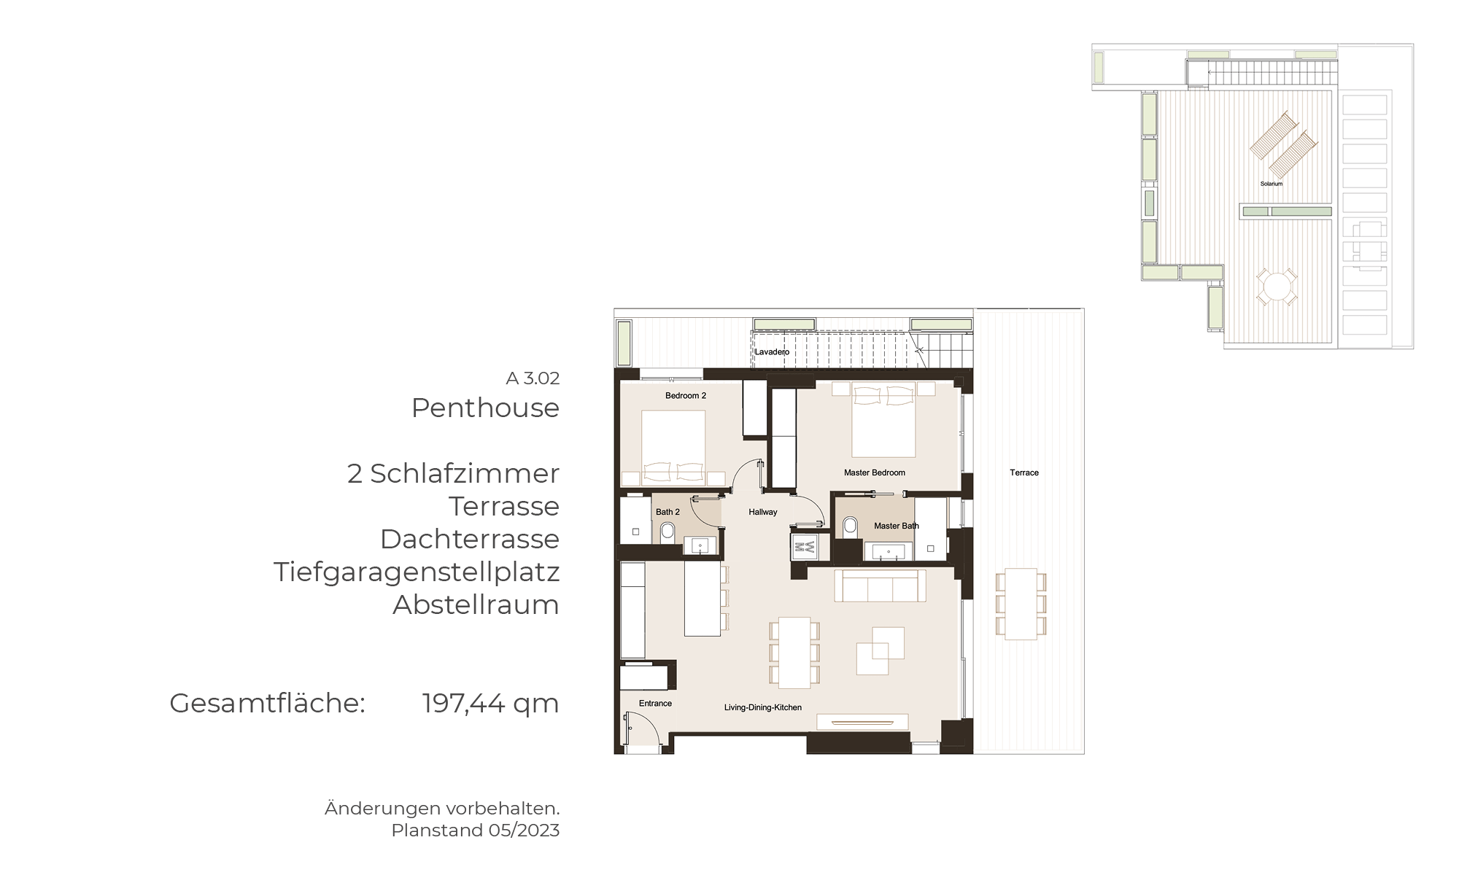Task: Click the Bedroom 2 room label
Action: [686, 396]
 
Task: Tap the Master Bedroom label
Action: [875, 472]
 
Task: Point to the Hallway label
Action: [763, 512]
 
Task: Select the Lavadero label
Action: [772, 352]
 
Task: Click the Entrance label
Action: [655, 704]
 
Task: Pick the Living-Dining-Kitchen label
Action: [763, 707]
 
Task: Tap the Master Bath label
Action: [897, 526]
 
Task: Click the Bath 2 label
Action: [667, 512]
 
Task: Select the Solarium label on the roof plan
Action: [1272, 184]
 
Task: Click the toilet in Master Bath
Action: [850, 526]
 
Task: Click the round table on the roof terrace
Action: [1277, 287]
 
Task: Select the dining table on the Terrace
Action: [1021, 604]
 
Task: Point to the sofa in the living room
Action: [881, 586]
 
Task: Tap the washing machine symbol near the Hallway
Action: [804, 547]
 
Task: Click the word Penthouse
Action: [485, 408]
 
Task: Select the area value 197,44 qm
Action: [490, 704]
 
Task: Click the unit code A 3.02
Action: [533, 378]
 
